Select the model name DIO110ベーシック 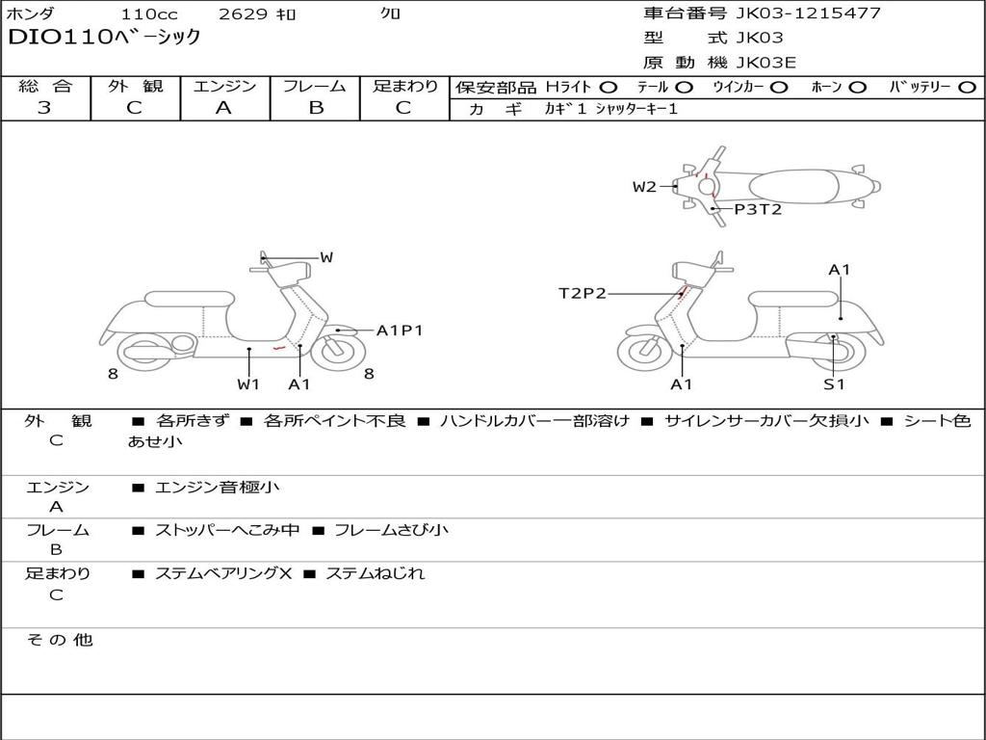(104, 38)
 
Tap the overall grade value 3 (44, 108)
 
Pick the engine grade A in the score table (223, 108)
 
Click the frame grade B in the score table (315, 108)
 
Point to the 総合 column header (45, 86)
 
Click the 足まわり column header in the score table (405, 86)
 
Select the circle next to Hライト (608, 87)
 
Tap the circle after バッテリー (967, 87)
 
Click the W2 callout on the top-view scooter (644, 187)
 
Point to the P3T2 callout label (758, 208)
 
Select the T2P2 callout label (583, 294)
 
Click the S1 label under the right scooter (833, 383)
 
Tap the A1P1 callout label (399, 330)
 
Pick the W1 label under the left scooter (248, 383)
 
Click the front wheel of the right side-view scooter (644, 351)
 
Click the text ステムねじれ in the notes (375, 573)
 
